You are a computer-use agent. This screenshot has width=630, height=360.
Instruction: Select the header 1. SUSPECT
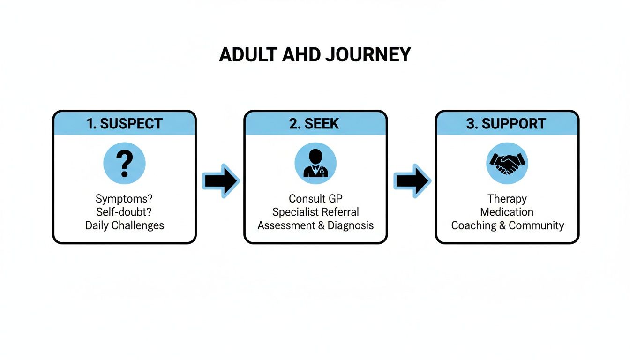[124, 124]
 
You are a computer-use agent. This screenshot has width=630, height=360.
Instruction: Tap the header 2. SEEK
[315, 124]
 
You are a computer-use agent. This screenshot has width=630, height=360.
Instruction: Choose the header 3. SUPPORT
[507, 124]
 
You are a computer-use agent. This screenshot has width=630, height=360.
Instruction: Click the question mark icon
[124, 164]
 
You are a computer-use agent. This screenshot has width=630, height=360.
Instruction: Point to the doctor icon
[315, 164]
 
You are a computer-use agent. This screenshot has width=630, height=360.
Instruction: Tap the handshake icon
[507, 164]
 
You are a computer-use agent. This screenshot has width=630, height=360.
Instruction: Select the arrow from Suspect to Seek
[220, 181]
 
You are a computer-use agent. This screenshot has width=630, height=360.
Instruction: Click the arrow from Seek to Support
[412, 181]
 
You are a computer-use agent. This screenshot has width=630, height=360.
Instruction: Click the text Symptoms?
[124, 199]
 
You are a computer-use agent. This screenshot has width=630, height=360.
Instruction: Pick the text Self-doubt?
[124, 212]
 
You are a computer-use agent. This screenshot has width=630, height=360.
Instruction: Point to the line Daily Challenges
[124, 225]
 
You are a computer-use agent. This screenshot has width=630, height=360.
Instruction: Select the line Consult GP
[315, 199]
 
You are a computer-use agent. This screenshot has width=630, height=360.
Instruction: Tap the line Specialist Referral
[315, 212]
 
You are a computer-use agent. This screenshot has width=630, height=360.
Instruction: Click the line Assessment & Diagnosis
[315, 225]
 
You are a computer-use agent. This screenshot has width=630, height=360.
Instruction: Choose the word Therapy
[507, 199]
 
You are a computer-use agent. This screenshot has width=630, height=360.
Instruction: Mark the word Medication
[507, 212]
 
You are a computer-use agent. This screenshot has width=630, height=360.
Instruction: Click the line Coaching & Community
[507, 225]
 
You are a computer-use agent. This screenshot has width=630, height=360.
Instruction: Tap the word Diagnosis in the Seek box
[351, 225]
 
